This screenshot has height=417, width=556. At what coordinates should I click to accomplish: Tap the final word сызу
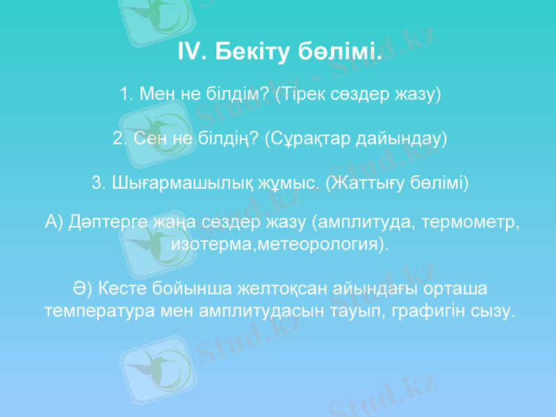(494, 309)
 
